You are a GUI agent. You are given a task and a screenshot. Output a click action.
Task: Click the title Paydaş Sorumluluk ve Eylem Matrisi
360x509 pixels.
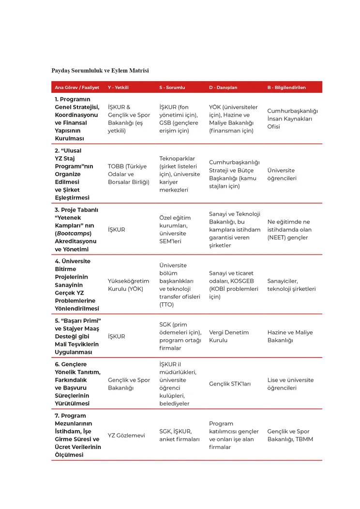[100, 71]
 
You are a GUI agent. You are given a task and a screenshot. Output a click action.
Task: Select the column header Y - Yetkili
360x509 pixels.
[118, 88]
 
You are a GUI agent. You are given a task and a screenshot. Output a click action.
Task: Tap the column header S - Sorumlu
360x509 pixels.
[172, 88]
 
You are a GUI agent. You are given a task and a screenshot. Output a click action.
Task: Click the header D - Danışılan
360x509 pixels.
[223, 88]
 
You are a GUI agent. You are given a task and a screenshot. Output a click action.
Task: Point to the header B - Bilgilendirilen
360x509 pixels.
[286, 88]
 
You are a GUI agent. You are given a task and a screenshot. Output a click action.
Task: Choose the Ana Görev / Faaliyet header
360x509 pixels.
[77, 88]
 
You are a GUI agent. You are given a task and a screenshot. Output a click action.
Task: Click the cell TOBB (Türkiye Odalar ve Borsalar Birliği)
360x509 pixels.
[128, 174]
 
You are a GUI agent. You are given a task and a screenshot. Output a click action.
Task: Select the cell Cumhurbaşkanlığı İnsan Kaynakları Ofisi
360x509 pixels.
[292, 119]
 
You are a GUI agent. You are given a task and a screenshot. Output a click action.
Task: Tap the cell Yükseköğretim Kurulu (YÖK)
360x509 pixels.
[128, 285]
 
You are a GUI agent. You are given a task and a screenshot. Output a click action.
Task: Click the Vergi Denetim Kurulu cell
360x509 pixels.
[229, 336]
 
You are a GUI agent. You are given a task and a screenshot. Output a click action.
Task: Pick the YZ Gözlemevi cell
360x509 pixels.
[126, 435]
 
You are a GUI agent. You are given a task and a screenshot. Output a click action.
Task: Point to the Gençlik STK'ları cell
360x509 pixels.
[230, 384]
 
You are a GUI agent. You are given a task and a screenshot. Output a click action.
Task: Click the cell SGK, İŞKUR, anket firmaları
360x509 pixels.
[180, 435]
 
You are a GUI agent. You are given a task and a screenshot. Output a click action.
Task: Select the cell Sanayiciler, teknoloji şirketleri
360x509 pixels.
[291, 285]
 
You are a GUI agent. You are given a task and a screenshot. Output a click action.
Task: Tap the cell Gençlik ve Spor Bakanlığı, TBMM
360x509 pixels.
[290, 435]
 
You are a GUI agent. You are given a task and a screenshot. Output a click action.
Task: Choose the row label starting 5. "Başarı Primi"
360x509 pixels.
[77, 336]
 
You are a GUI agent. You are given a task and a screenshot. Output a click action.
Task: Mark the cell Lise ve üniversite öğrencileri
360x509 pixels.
[290, 384]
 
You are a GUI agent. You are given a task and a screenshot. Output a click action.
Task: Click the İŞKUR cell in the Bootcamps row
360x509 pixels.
[117, 230]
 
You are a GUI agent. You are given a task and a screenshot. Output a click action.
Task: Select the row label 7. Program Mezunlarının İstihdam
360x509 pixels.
[78, 435]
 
